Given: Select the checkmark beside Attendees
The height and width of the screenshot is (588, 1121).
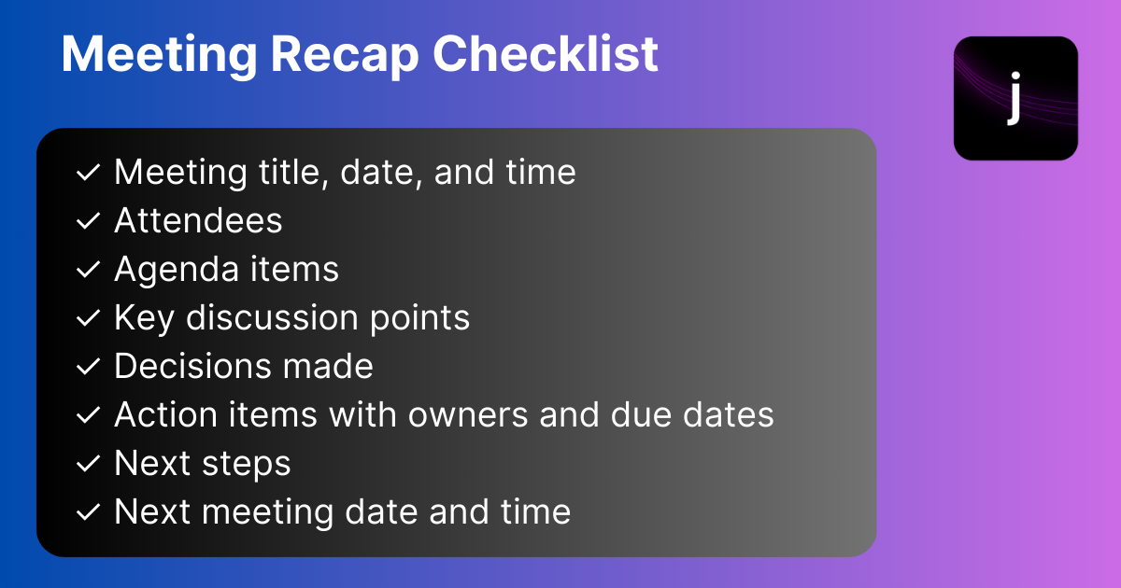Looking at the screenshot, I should (89, 221).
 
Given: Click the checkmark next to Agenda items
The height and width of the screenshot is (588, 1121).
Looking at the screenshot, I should (89, 270).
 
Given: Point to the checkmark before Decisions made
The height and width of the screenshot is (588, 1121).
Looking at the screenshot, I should (89, 367).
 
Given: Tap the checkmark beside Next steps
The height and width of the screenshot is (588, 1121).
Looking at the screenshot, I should (89, 464).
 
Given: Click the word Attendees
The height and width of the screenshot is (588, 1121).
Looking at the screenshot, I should (198, 220).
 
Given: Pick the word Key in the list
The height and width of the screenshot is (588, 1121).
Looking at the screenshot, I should (145, 318).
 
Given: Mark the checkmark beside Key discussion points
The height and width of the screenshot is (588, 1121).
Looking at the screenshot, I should (89, 318).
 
